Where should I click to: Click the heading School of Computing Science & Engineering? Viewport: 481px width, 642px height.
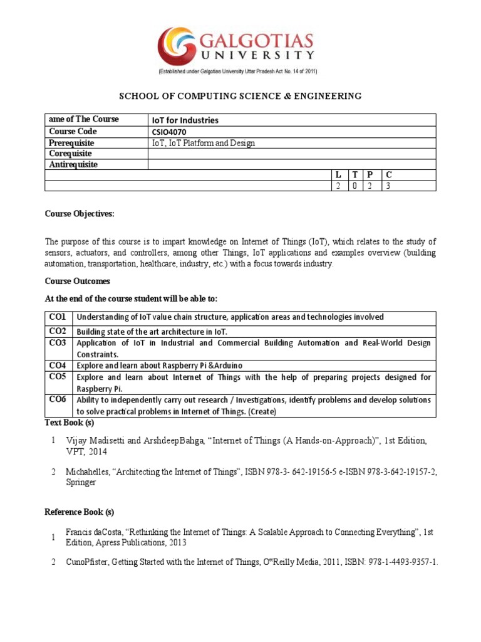(x=240, y=96)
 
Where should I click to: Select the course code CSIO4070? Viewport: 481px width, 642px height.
(x=170, y=132)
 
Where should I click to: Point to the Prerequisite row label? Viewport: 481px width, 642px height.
(x=71, y=143)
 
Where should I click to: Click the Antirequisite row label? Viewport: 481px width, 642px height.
(x=73, y=164)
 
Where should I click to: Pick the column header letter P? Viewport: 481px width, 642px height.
(x=370, y=175)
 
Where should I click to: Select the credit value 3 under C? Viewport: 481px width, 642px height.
(x=389, y=186)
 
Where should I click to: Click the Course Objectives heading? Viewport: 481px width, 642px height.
(x=80, y=214)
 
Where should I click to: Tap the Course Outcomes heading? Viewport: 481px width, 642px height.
(x=78, y=282)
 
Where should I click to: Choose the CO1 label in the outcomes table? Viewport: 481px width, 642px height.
(x=58, y=317)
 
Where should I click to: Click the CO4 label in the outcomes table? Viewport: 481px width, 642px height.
(x=58, y=364)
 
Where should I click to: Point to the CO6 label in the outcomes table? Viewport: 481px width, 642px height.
(x=58, y=399)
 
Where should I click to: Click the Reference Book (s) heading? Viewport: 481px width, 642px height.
(x=80, y=512)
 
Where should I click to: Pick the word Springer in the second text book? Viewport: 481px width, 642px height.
(x=81, y=483)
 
